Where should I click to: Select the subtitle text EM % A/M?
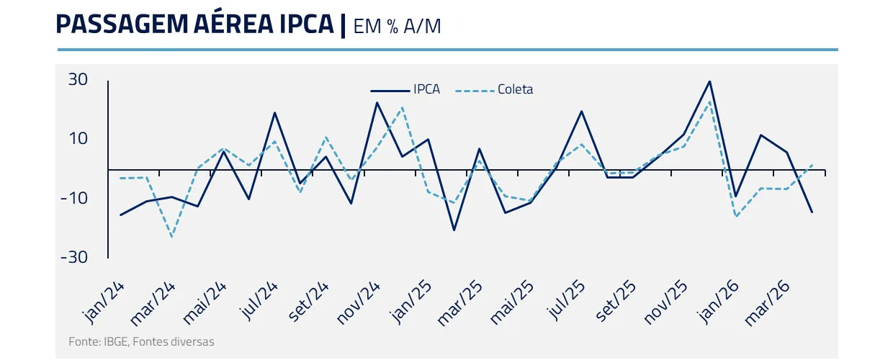[x=397, y=26]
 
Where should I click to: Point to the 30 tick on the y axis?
[x=78, y=79]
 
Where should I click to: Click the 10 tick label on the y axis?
[x=78, y=138]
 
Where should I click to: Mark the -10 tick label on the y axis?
[x=75, y=198]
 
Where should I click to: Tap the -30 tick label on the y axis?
[x=75, y=257]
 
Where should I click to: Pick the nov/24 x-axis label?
[x=360, y=302]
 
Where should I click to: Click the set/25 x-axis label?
[x=616, y=302]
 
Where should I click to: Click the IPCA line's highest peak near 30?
[x=710, y=81]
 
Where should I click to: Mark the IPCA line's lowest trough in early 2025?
[x=454, y=230]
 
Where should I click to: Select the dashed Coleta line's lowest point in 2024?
[x=171, y=236]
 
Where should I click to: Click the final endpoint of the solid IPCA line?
[x=812, y=212]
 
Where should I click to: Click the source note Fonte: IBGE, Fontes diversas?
[x=141, y=341]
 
